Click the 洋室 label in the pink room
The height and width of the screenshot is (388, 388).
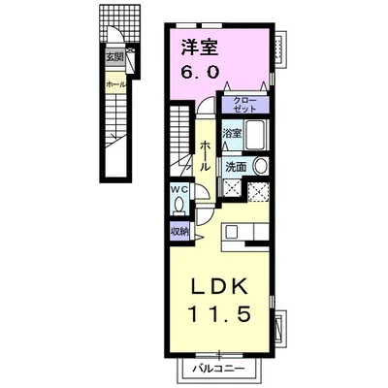200,48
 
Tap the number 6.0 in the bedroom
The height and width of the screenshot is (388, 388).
200,72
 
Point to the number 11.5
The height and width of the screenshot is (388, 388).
220,313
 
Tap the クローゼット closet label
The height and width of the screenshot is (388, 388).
244,105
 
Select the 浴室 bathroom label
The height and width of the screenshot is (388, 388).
233,133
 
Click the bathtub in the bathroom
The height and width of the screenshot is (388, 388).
256,135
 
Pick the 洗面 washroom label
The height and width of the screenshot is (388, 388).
236,167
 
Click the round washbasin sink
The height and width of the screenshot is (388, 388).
261,166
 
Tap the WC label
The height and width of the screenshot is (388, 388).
179,190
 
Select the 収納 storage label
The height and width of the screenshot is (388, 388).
179,231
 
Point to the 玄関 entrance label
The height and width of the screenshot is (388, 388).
114,58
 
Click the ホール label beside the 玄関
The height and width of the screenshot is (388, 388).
115,84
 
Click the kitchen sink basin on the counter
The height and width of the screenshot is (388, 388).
232,233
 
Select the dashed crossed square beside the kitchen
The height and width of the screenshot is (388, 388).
258,192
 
